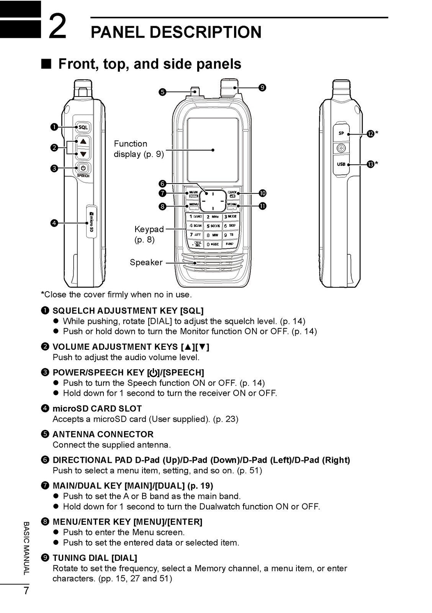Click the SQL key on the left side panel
(x=83, y=127)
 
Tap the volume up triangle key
(x=83, y=141)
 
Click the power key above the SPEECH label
(x=83, y=167)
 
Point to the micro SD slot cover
(x=91, y=221)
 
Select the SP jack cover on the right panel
(x=341, y=134)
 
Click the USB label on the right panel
(x=341, y=164)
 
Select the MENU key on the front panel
(x=194, y=205)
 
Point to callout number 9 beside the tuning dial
(x=262, y=87)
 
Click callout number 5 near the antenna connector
(x=162, y=92)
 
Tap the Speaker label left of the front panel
(x=146, y=262)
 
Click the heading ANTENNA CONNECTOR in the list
(x=103, y=434)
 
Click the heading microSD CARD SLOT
(x=97, y=409)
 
